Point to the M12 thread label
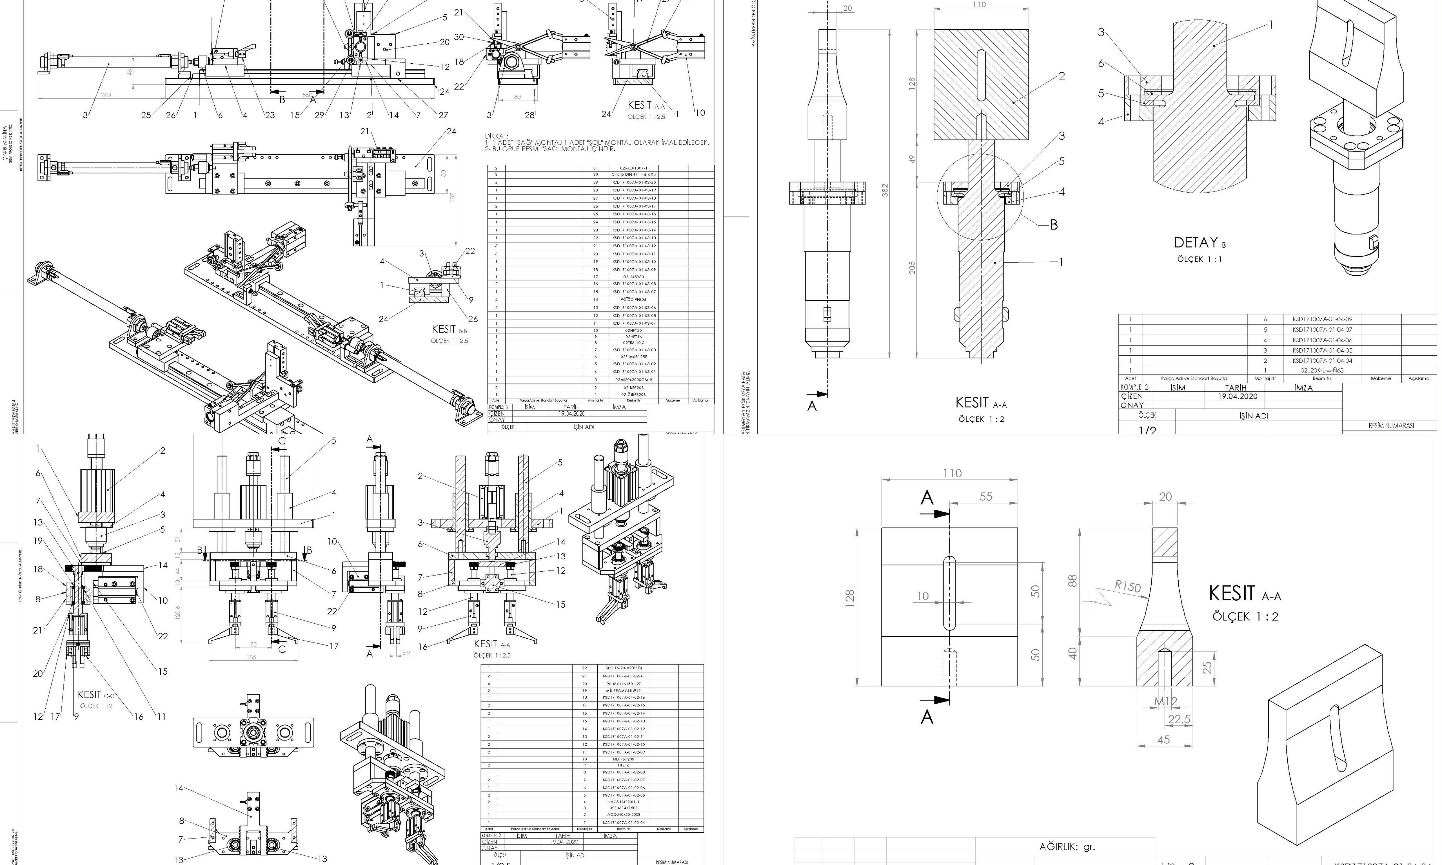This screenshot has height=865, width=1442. click(1166, 702)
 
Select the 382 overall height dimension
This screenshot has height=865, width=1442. click(885, 191)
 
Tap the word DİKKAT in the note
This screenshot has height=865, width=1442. click(497, 136)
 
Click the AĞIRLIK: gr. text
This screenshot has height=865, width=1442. click(1067, 846)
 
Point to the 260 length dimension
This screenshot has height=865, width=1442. click(106, 95)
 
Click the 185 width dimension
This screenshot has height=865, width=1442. click(251, 657)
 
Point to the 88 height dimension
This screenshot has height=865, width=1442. click(1073, 581)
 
